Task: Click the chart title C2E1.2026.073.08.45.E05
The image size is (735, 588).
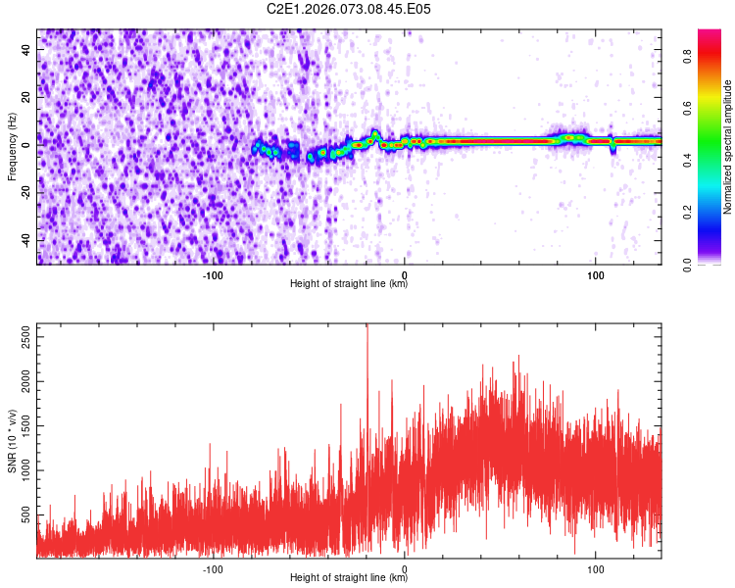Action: point(349,9)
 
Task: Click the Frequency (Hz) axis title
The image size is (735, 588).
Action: point(12,147)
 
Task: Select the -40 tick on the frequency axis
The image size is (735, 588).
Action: point(27,239)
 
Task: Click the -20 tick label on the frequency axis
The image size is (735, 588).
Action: point(27,191)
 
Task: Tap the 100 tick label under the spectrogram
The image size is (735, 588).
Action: point(595,274)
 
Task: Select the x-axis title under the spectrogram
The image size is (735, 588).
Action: point(349,284)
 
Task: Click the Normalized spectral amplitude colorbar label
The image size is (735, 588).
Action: point(728,147)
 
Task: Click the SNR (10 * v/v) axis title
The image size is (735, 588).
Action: point(12,441)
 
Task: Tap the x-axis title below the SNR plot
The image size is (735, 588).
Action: point(349,578)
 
